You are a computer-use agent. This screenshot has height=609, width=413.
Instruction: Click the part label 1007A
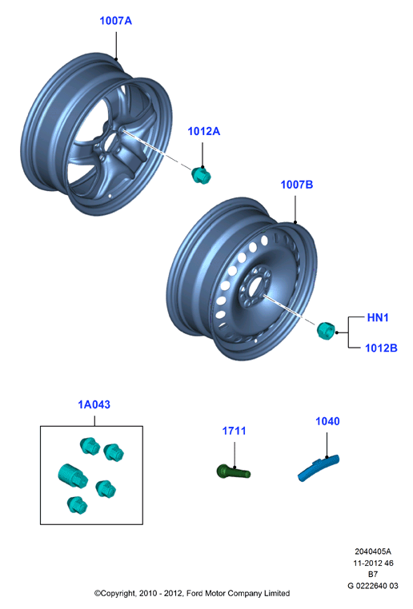coord(115,21)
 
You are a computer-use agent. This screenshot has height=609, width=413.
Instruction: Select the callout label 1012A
coord(204,131)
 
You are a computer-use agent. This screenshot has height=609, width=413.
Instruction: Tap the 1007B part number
coord(297,185)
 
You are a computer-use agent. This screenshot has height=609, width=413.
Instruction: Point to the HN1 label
coord(378,317)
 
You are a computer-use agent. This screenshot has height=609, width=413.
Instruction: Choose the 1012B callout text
coord(381,348)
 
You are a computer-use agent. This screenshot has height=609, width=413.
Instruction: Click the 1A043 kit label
coord(94,404)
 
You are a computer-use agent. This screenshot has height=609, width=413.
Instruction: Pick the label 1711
coord(234,431)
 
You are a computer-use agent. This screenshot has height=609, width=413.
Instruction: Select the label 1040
coord(327,421)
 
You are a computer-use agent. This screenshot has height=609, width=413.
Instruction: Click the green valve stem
coord(234,472)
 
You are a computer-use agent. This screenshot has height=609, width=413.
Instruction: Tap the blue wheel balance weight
coord(319,468)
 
